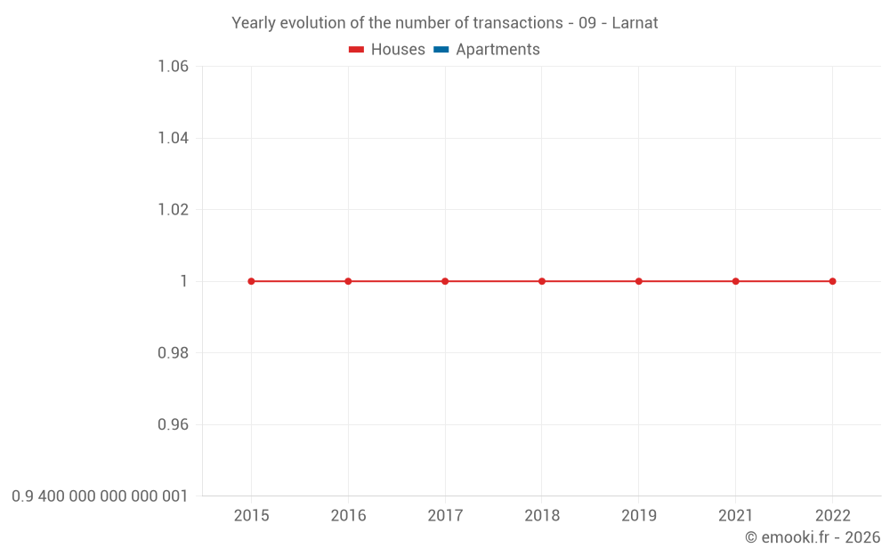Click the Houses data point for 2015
pyautogui.click(x=251, y=281)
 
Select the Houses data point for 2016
pyautogui.click(x=348, y=281)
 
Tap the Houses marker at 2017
pyautogui.click(x=445, y=281)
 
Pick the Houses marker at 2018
pyautogui.click(x=542, y=281)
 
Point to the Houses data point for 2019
pyautogui.click(x=639, y=281)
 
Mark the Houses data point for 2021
pyautogui.click(x=736, y=281)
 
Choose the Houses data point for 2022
pyautogui.click(x=832, y=281)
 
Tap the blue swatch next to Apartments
pyautogui.click(x=441, y=50)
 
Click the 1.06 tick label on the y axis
pyautogui.click(x=173, y=67)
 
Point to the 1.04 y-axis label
pyautogui.click(x=173, y=138)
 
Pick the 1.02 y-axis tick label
pyautogui.click(x=173, y=210)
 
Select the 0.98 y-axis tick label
pyautogui.click(x=173, y=353)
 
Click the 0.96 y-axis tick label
pyautogui.click(x=173, y=424)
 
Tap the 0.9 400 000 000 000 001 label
pyautogui.click(x=100, y=496)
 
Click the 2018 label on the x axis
pyautogui.click(x=542, y=515)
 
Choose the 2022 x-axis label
pyautogui.click(x=832, y=515)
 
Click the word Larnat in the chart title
pyautogui.click(x=635, y=23)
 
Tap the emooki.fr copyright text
pyautogui.click(x=813, y=537)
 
